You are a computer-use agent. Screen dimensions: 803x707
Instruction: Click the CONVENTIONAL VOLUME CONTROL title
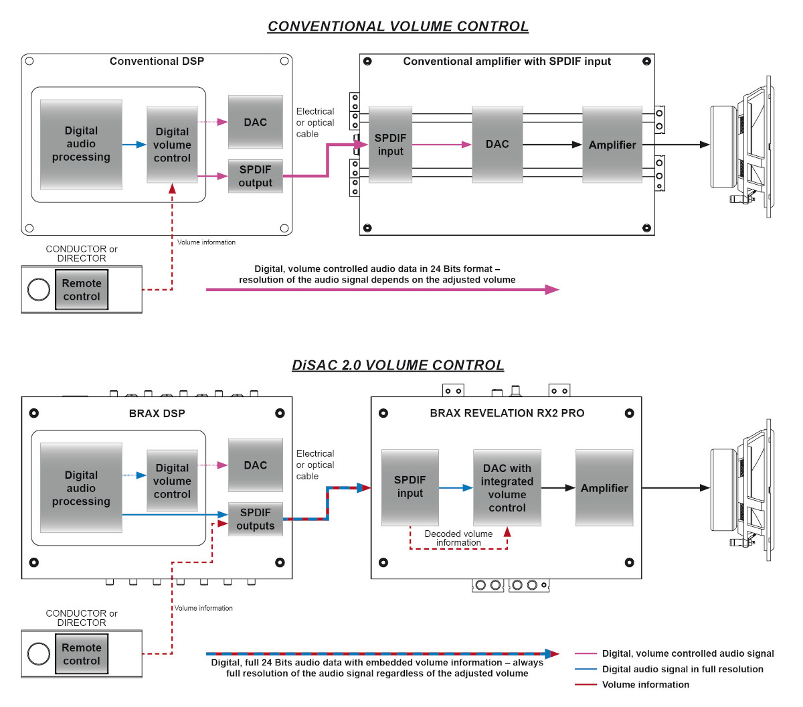[x=397, y=26]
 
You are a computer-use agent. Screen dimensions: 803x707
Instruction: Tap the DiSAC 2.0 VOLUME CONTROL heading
[x=397, y=365]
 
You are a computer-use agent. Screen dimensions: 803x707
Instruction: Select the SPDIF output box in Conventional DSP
[x=255, y=176]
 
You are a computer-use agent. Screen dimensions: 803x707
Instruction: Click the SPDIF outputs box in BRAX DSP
[x=255, y=519]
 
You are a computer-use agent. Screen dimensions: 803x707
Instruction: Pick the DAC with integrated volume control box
[x=507, y=487]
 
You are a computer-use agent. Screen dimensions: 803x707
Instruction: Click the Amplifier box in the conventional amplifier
[x=612, y=145]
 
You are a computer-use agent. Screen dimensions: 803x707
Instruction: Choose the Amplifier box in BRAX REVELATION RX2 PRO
[x=604, y=487]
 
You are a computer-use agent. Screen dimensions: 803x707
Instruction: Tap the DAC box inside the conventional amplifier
[x=497, y=145]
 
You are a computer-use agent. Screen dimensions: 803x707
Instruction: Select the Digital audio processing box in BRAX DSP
[x=81, y=487]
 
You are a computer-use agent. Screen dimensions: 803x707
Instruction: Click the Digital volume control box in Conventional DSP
[x=172, y=145]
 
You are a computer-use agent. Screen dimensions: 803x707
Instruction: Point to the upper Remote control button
[x=82, y=289]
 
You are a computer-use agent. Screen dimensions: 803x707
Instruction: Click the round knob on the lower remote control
[x=38, y=654]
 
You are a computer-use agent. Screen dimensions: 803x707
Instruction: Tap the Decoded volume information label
[x=458, y=538]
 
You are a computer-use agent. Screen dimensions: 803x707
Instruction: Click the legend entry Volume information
[x=645, y=684]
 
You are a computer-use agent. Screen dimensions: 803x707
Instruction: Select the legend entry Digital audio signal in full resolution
[x=683, y=669]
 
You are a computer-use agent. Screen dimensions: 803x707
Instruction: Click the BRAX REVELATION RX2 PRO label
[x=507, y=413]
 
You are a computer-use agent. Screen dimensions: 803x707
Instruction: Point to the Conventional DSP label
[x=157, y=61]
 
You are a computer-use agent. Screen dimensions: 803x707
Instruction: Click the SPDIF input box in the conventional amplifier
[x=390, y=145]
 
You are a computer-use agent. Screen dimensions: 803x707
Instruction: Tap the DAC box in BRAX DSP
[x=255, y=465]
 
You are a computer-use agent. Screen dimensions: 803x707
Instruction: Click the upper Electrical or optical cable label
[x=315, y=123]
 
